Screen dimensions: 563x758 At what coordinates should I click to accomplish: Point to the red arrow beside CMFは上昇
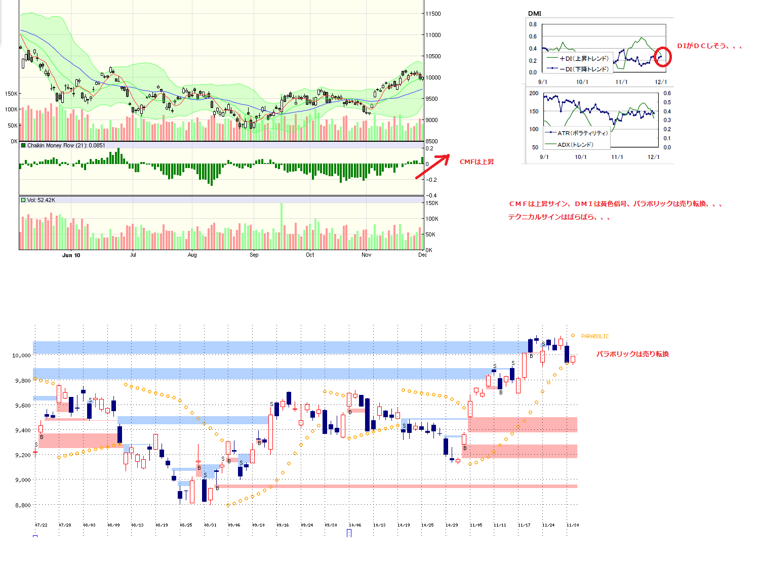432,167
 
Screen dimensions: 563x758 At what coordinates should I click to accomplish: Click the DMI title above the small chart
534,14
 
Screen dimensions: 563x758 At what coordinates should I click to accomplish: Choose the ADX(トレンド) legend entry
575,145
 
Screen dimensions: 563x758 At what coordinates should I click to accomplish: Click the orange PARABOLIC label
595,336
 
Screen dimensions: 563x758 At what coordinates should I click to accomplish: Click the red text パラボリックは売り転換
632,354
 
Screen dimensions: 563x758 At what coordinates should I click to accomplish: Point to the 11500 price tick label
433,14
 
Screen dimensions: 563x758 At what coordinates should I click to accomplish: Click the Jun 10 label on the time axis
71,255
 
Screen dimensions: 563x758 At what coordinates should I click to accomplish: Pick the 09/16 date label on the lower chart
283,525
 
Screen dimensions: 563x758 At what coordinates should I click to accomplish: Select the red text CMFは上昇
476,162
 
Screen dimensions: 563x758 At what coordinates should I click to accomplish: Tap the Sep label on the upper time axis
254,255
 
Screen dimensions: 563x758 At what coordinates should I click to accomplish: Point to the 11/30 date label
573,525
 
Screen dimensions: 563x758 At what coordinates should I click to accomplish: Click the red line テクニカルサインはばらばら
559,217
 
